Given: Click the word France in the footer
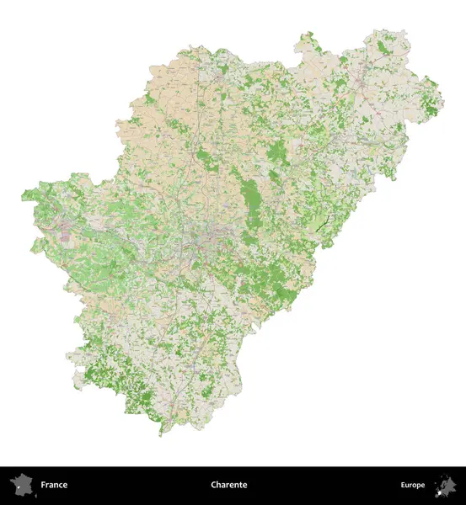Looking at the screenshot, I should [54, 485].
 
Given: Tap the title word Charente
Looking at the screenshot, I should [229, 485].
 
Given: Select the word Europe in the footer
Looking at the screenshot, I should [413, 485].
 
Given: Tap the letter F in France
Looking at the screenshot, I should [43, 485].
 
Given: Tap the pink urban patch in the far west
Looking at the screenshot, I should [66, 233].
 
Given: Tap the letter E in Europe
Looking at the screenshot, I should [403, 485].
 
